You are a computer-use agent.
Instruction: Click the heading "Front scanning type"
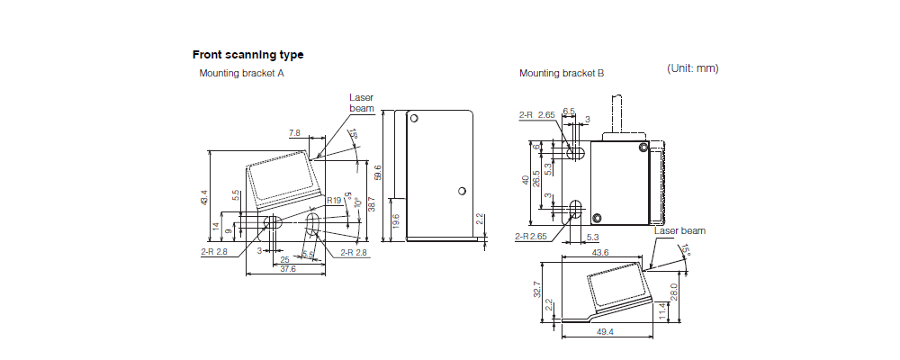pyautogui.click(x=247, y=55)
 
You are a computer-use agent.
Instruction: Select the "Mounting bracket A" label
pyautogui.click(x=241, y=73)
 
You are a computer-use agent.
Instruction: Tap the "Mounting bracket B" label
pyautogui.click(x=562, y=73)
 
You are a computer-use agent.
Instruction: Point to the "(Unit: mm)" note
pyautogui.click(x=692, y=68)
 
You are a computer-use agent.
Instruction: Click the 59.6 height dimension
pyautogui.click(x=379, y=172)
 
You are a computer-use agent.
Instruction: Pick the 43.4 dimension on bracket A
pyautogui.click(x=204, y=196)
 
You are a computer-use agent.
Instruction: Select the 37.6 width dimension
pyautogui.click(x=286, y=269)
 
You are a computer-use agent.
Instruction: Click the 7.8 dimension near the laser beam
pyautogui.click(x=294, y=133)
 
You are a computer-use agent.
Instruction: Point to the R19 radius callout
pyautogui.click(x=334, y=200)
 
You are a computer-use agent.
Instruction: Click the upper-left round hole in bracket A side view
pyautogui.click(x=414, y=118)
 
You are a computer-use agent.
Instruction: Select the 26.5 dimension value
pyautogui.click(x=536, y=179)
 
